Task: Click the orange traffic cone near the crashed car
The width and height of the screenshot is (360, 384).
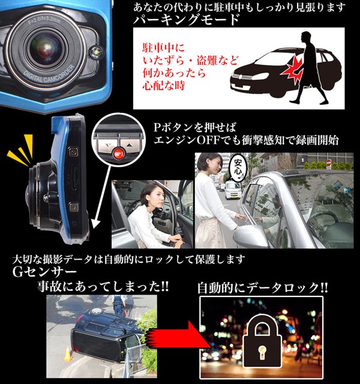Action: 67,353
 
